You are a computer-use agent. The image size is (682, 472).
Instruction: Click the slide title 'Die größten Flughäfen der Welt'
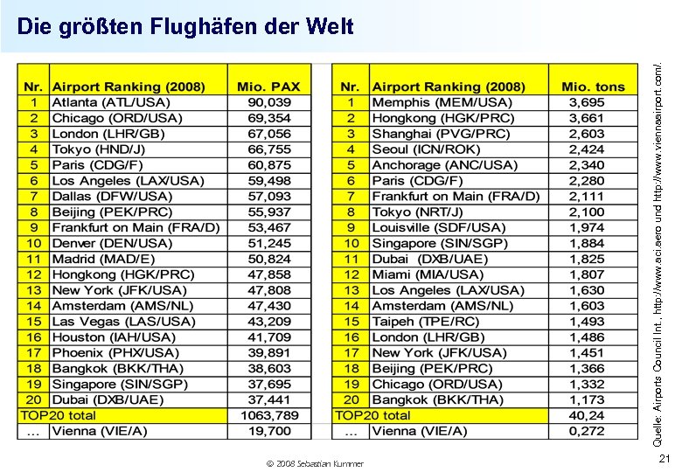185,26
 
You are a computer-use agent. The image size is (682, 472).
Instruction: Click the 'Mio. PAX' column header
268,87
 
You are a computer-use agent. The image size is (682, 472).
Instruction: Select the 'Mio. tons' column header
593,87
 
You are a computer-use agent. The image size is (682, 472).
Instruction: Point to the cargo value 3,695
586,102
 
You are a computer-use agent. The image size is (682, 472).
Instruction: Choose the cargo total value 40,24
586,415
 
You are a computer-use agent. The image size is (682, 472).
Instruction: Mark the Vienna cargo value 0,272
586,431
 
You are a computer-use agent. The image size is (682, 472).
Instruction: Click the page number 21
665,460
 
